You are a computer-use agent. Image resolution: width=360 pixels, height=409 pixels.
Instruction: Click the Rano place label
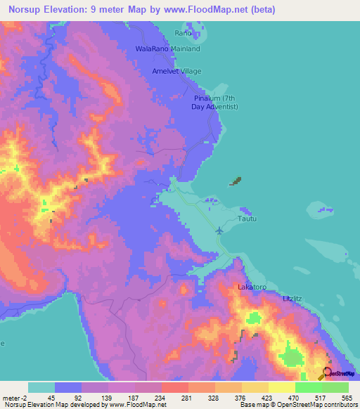tap(183, 33)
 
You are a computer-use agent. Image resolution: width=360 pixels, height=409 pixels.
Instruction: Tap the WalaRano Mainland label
tap(168, 49)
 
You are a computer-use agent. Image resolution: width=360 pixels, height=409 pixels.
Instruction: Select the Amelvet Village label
tap(177, 72)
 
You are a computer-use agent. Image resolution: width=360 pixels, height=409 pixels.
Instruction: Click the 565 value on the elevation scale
tap(345, 397)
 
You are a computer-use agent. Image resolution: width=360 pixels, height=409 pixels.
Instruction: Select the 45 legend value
tap(51, 397)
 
